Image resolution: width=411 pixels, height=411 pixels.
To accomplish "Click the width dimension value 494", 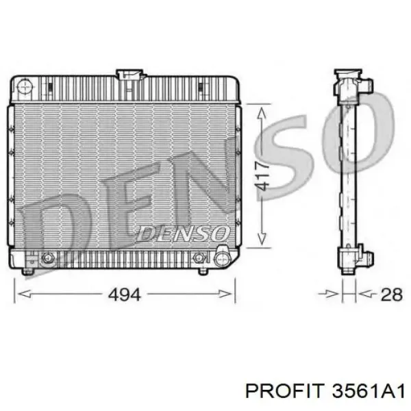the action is click(124, 295).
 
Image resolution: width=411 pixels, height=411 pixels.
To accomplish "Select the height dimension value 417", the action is click(262, 175).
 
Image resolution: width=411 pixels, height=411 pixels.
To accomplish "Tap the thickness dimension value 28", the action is click(392, 295).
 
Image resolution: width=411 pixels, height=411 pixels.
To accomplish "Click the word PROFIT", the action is click(284, 392).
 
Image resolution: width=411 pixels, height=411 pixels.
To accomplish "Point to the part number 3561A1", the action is click(369, 392).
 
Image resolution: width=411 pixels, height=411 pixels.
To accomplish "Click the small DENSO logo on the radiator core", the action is click(183, 234).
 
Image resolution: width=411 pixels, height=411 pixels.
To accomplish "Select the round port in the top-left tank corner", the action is click(25, 86).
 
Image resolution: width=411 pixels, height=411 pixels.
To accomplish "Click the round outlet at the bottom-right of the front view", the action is click(222, 259).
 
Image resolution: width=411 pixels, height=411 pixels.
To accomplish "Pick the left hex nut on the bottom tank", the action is click(47, 258).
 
